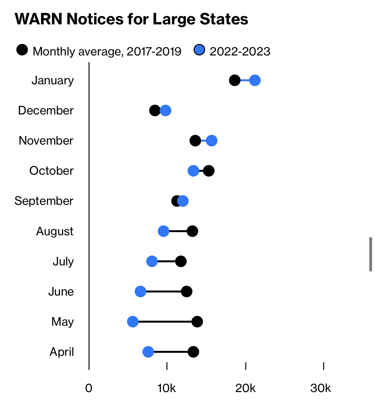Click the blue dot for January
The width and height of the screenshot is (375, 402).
(x=255, y=80)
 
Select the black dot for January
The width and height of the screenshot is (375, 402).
(x=235, y=80)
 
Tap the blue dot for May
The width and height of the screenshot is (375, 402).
(x=133, y=322)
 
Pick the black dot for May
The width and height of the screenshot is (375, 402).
(x=197, y=322)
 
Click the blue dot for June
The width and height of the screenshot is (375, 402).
(x=140, y=291)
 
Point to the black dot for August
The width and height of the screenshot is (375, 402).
(x=192, y=231)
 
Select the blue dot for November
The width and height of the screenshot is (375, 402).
(x=212, y=140)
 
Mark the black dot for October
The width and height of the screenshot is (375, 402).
(x=209, y=171)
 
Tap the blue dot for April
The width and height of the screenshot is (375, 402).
(x=148, y=352)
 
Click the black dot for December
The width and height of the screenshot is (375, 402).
(x=155, y=111)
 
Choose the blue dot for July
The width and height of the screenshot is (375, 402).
(x=152, y=261)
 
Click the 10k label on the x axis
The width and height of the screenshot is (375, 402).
(x=167, y=388)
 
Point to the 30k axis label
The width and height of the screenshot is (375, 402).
(x=321, y=388)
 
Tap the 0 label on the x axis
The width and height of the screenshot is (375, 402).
(x=89, y=388)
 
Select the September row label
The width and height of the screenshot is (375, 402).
(x=44, y=201)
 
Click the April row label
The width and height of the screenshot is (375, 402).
(x=62, y=352)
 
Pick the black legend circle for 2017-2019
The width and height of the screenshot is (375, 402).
(x=22, y=50)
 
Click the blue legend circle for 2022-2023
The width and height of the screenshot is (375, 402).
(x=199, y=50)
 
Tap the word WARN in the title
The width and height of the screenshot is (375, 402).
(x=38, y=19)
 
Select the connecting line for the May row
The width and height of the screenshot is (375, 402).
(x=165, y=322)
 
